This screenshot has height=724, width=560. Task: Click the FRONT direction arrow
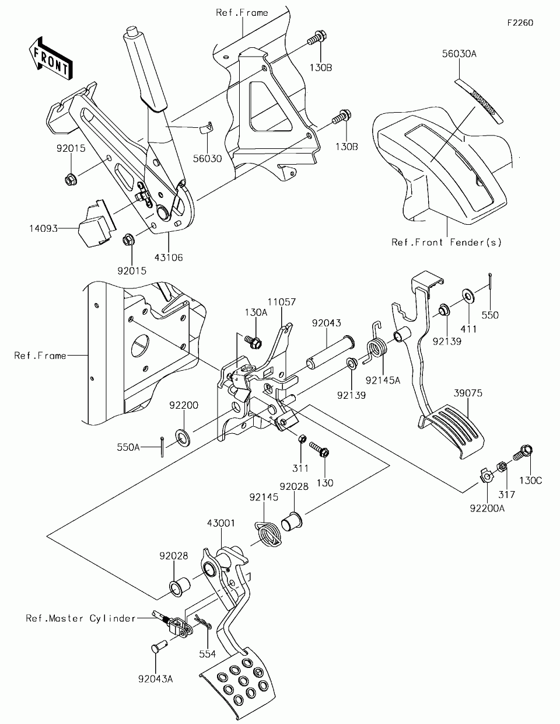(x=51, y=59)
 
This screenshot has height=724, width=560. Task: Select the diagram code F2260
(x=520, y=23)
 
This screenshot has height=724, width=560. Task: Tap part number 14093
(x=44, y=228)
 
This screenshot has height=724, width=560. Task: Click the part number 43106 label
(x=169, y=257)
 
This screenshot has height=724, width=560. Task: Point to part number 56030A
(x=459, y=54)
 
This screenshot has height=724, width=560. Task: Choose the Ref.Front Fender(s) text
(x=446, y=242)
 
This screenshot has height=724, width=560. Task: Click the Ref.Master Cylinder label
(x=81, y=618)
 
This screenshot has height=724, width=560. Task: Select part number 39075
(x=468, y=393)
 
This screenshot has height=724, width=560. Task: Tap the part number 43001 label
(x=221, y=523)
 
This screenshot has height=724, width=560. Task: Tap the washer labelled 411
(x=468, y=295)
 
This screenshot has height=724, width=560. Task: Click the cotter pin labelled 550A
(x=162, y=447)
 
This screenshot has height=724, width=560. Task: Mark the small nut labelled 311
(x=302, y=439)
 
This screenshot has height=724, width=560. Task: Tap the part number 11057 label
(x=282, y=302)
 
